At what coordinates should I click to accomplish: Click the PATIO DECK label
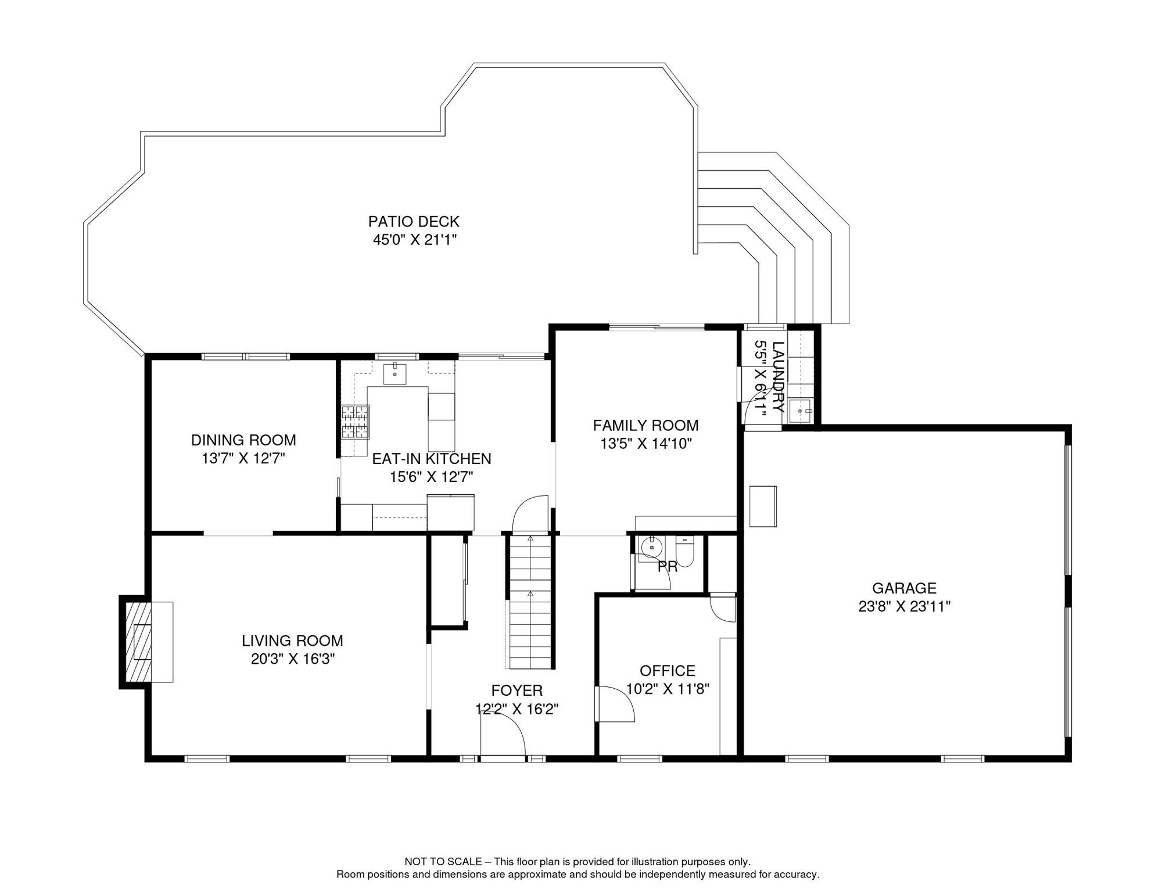point(414,221)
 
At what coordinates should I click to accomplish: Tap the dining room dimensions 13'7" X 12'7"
point(243,459)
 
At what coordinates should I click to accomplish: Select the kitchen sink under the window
point(395,373)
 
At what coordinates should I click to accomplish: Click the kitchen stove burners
point(355,422)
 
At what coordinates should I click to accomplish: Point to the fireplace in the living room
point(139,642)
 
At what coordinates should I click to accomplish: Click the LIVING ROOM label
point(292,641)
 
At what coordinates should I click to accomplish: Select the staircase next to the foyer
point(530,602)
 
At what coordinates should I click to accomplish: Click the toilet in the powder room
point(685,551)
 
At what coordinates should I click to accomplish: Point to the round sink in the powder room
point(651,548)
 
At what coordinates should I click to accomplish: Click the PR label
point(668,567)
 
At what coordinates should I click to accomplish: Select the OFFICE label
point(668,671)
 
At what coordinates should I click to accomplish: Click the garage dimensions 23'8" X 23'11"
point(904,606)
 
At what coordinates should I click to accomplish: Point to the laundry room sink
point(801,411)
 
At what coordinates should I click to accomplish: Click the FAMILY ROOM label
point(645,425)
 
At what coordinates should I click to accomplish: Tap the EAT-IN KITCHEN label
point(432,459)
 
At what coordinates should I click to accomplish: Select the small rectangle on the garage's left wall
point(763,506)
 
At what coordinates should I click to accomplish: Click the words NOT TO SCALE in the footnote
point(443,862)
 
